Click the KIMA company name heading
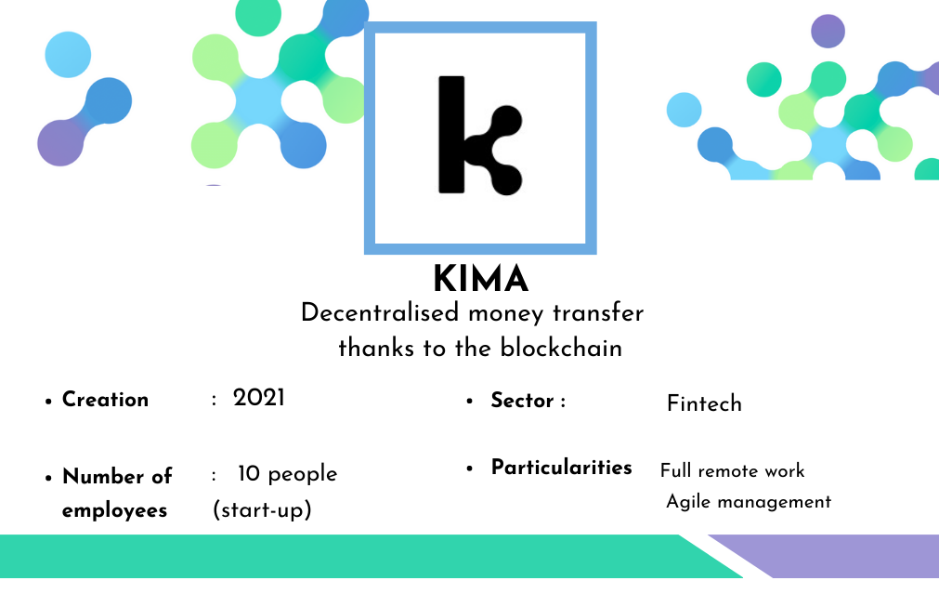click(x=481, y=279)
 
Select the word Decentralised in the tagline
click(x=380, y=313)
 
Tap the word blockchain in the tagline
click(x=561, y=348)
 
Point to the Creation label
click(x=105, y=399)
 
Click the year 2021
click(x=259, y=398)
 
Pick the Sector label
click(x=522, y=401)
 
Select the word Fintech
click(x=704, y=403)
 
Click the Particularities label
click(x=562, y=467)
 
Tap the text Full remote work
click(x=733, y=470)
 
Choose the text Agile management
click(x=749, y=501)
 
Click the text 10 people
click(x=287, y=473)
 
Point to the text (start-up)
click(x=262, y=509)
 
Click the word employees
click(x=114, y=510)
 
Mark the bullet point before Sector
click(x=470, y=401)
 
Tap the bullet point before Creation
click(x=48, y=402)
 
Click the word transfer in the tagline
click(x=598, y=313)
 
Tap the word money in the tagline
click(x=506, y=314)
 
